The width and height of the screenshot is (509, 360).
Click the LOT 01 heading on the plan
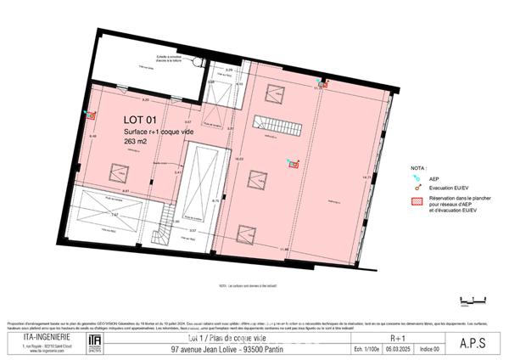point(141,120)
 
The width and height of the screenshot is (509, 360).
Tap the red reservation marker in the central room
point(294,165)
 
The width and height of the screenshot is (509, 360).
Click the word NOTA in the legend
point(419,169)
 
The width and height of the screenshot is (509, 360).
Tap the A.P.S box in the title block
point(472,343)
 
